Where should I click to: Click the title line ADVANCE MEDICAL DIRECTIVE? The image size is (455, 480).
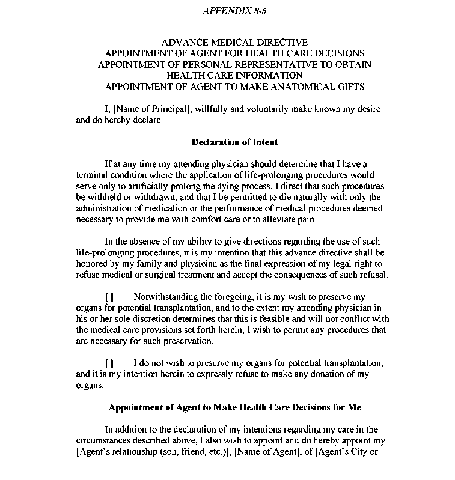pos(234,43)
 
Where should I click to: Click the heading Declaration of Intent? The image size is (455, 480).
pos(234,142)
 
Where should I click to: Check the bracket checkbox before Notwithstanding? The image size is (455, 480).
pos(109,297)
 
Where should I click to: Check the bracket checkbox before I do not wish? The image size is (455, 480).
pos(109,363)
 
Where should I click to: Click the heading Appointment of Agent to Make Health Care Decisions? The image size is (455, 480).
pos(234,407)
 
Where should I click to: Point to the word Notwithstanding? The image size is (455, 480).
pos(164,297)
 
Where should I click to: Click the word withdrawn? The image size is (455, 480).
pos(158,198)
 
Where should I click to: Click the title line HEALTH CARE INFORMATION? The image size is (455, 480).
pos(234,75)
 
